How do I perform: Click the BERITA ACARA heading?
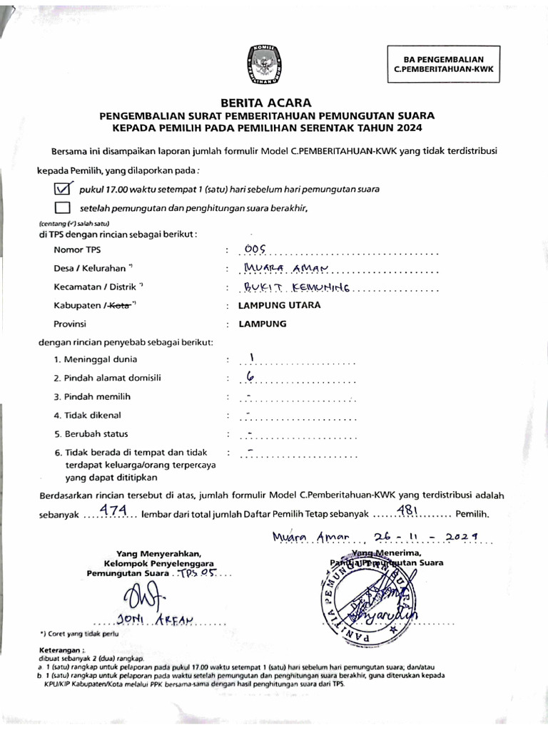(266, 103)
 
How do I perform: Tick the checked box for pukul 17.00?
(64, 189)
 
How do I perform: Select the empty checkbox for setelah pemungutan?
(63, 207)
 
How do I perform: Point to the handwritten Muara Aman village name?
(284, 267)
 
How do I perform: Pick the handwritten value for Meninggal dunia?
(251, 358)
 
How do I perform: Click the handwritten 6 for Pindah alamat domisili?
(250, 377)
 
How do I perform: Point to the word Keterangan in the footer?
(62, 650)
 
